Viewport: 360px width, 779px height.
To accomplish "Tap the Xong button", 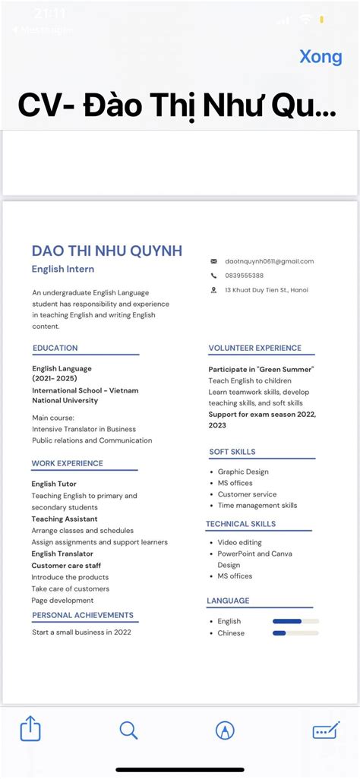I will click(321, 57).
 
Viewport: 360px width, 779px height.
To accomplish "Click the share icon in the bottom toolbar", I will click(30, 730).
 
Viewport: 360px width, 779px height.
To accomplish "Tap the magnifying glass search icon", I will click(128, 730).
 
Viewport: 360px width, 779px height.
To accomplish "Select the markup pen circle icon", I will click(224, 730).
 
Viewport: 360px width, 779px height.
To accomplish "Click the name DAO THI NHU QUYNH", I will click(107, 251).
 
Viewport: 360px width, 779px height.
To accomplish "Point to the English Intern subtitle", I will click(63, 269).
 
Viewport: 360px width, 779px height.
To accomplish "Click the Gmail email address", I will click(269, 261).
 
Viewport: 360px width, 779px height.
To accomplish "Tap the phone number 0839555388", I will click(245, 276).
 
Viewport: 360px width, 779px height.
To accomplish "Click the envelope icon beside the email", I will click(213, 261).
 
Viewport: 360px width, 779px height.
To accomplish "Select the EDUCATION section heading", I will click(55, 348).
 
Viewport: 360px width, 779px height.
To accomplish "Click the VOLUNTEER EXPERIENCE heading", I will click(255, 348).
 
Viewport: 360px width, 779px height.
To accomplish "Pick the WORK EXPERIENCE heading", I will click(68, 463).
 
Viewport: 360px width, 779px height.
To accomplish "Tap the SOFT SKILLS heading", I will click(232, 452).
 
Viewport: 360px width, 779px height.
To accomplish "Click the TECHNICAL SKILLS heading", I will click(241, 524).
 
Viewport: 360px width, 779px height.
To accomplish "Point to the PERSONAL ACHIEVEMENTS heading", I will click(83, 615).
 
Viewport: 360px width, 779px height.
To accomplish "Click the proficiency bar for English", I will click(295, 621).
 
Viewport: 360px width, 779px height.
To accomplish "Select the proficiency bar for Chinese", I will click(295, 632).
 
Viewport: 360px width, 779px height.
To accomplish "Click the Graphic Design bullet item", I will click(243, 471).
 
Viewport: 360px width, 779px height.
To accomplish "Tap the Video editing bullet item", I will click(239, 542).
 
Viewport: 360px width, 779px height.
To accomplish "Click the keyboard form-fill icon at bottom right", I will click(326, 730).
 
